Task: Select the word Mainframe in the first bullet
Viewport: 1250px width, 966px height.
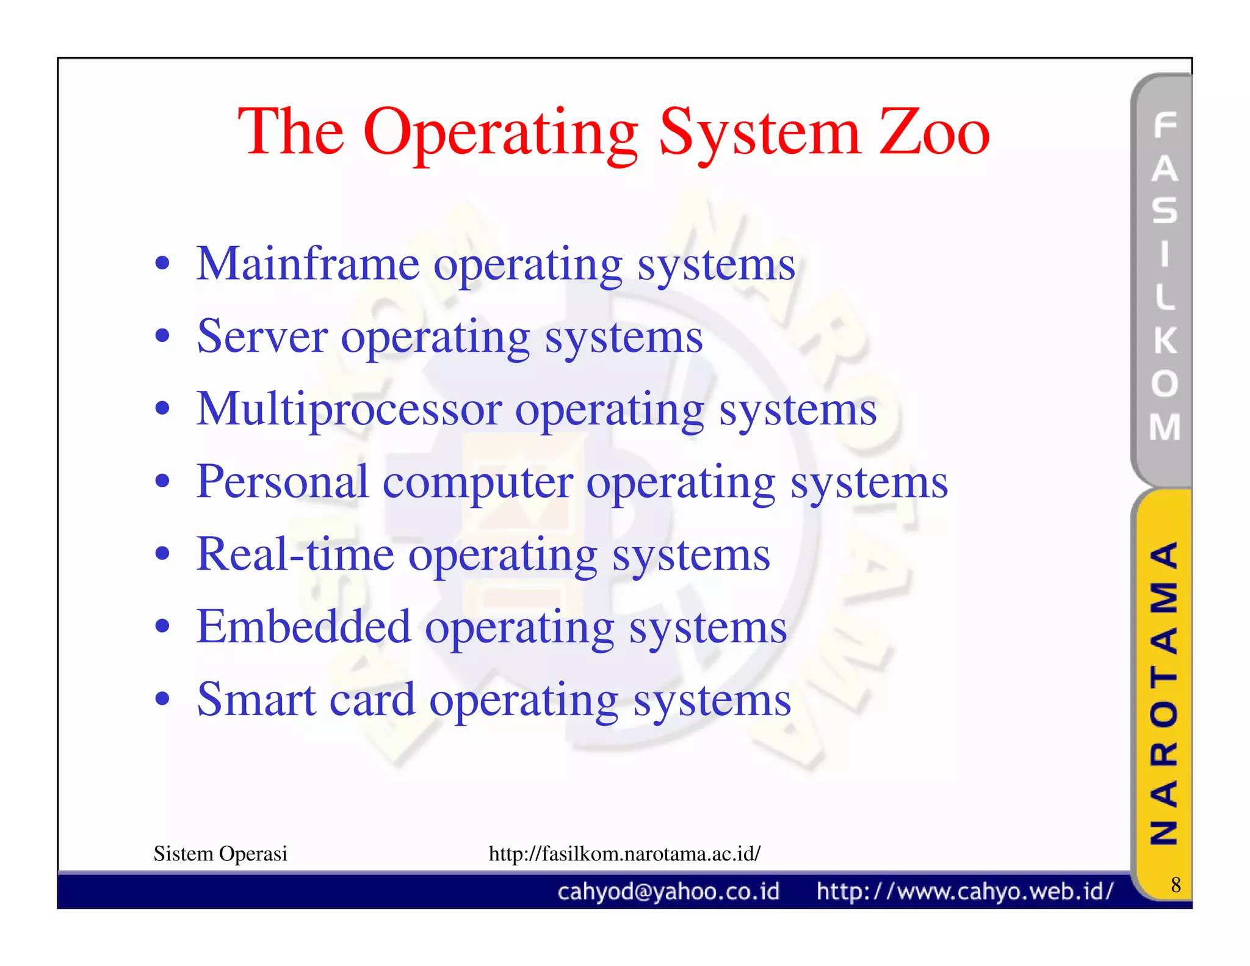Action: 308,265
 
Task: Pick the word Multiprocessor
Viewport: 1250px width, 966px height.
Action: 349,410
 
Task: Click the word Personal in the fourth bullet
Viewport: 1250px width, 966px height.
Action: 282,482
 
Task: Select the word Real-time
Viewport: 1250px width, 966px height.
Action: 295,554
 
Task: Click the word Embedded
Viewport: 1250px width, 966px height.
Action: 303,627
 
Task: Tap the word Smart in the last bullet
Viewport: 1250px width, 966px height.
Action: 256,700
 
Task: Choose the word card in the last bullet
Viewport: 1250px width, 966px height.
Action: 372,700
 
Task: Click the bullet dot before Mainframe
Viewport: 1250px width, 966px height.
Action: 162,264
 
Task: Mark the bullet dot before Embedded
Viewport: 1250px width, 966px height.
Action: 162,626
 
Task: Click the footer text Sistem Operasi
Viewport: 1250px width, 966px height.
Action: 220,854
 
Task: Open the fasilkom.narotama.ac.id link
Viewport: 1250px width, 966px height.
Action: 624,854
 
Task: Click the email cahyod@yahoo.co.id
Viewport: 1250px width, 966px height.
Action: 668,892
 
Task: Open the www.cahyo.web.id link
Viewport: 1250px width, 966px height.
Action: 965,892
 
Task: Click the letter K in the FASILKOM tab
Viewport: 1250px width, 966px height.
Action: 1165,340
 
